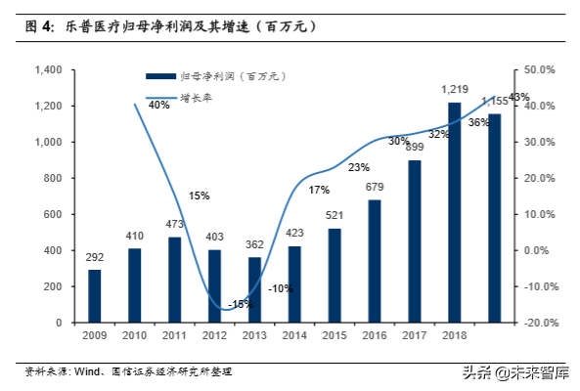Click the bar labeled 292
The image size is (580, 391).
[95, 295]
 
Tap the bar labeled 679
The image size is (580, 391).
[375, 261]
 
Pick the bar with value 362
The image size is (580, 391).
[254, 289]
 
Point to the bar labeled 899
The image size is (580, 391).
[415, 241]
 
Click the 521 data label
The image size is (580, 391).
[335, 216]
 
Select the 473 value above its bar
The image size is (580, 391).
[174, 225]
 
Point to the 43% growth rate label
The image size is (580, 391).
[519, 97]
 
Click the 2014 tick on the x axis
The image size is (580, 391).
[293, 335]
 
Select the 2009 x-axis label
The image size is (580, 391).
[94, 335]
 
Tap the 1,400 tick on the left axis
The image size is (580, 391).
[48, 70]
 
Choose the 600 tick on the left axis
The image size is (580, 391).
[54, 214]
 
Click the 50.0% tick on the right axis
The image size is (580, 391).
[540, 70]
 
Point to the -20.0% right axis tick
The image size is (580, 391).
[540, 323]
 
